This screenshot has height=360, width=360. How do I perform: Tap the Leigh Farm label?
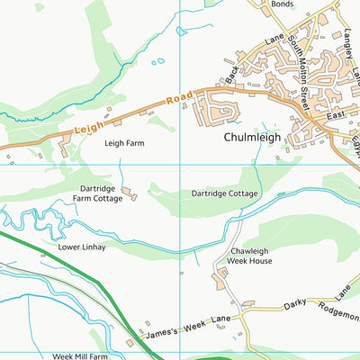(125, 142)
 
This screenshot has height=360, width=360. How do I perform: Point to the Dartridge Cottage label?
(224, 193)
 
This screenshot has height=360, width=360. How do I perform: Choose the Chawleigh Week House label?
(249, 256)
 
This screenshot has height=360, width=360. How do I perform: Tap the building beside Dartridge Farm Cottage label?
(129, 193)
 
